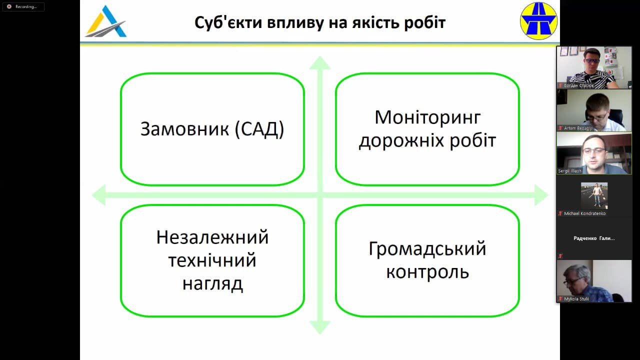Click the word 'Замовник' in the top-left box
click(184, 129)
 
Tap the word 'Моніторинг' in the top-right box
click(427, 117)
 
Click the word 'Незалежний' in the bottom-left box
click(212, 237)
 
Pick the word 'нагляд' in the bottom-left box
click(212, 283)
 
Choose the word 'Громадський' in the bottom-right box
click(427, 248)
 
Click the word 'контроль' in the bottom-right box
click(427, 272)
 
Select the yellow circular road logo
click(538, 20)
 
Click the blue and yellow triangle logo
click(105, 21)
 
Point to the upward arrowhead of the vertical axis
click(320, 62)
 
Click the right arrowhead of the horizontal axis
click(542, 195)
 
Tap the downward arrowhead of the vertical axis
click(320, 327)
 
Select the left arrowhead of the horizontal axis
click(98, 195)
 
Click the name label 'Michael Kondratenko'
click(585, 213)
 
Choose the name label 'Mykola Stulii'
click(576, 299)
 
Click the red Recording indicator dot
click(9, 6)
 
